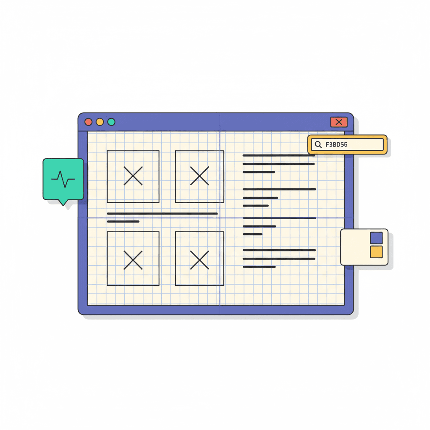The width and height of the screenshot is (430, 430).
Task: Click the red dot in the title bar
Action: (x=88, y=122)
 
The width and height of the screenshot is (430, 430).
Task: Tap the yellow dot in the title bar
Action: (x=100, y=122)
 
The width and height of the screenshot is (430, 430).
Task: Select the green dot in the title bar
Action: (x=111, y=122)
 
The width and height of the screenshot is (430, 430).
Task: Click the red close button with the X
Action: (x=339, y=122)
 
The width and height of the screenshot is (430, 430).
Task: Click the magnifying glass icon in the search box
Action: (x=318, y=144)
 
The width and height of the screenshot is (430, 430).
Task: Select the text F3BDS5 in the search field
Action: (x=336, y=144)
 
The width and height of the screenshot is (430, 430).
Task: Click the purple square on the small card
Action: (x=376, y=238)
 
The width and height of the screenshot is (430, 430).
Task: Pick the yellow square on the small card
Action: (x=376, y=252)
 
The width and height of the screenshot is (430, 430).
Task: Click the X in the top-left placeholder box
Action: (x=133, y=176)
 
